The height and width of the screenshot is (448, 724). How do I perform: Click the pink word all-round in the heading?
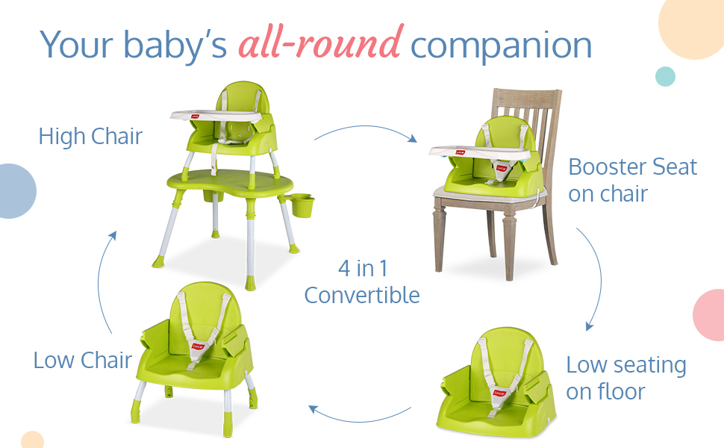(321, 43)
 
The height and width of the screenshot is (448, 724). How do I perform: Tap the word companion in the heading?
(501, 46)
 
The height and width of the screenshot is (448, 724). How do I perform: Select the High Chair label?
(90, 136)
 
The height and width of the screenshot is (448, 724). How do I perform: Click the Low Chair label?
(83, 360)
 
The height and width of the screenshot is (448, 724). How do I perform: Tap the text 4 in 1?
(363, 268)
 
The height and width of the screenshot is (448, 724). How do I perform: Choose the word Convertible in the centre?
(362, 295)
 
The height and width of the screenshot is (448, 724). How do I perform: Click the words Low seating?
(626, 365)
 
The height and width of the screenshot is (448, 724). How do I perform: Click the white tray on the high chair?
(216, 116)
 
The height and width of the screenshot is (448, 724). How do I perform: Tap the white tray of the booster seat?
(479, 153)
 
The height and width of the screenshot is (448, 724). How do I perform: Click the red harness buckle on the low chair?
(197, 347)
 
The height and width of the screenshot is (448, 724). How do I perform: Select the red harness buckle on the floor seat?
(499, 393)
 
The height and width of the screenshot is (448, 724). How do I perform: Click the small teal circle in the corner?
(665, 76)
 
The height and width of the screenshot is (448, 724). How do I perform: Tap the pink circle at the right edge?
(710, 315)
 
